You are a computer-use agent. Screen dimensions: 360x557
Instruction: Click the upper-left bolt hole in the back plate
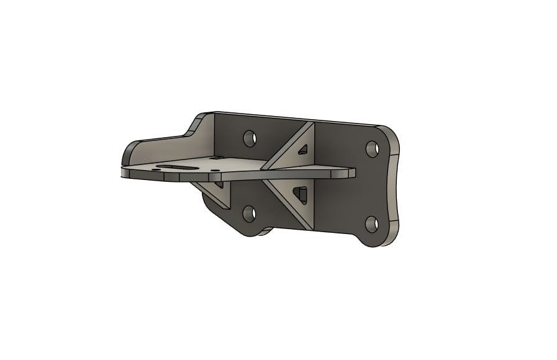pyautogui.click(x=250, y=137)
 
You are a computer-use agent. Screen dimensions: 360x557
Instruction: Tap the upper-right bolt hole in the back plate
pyautogui.click(x=373, y=148)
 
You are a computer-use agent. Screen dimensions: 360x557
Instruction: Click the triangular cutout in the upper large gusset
pyautogui.click(x=303, y=149)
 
